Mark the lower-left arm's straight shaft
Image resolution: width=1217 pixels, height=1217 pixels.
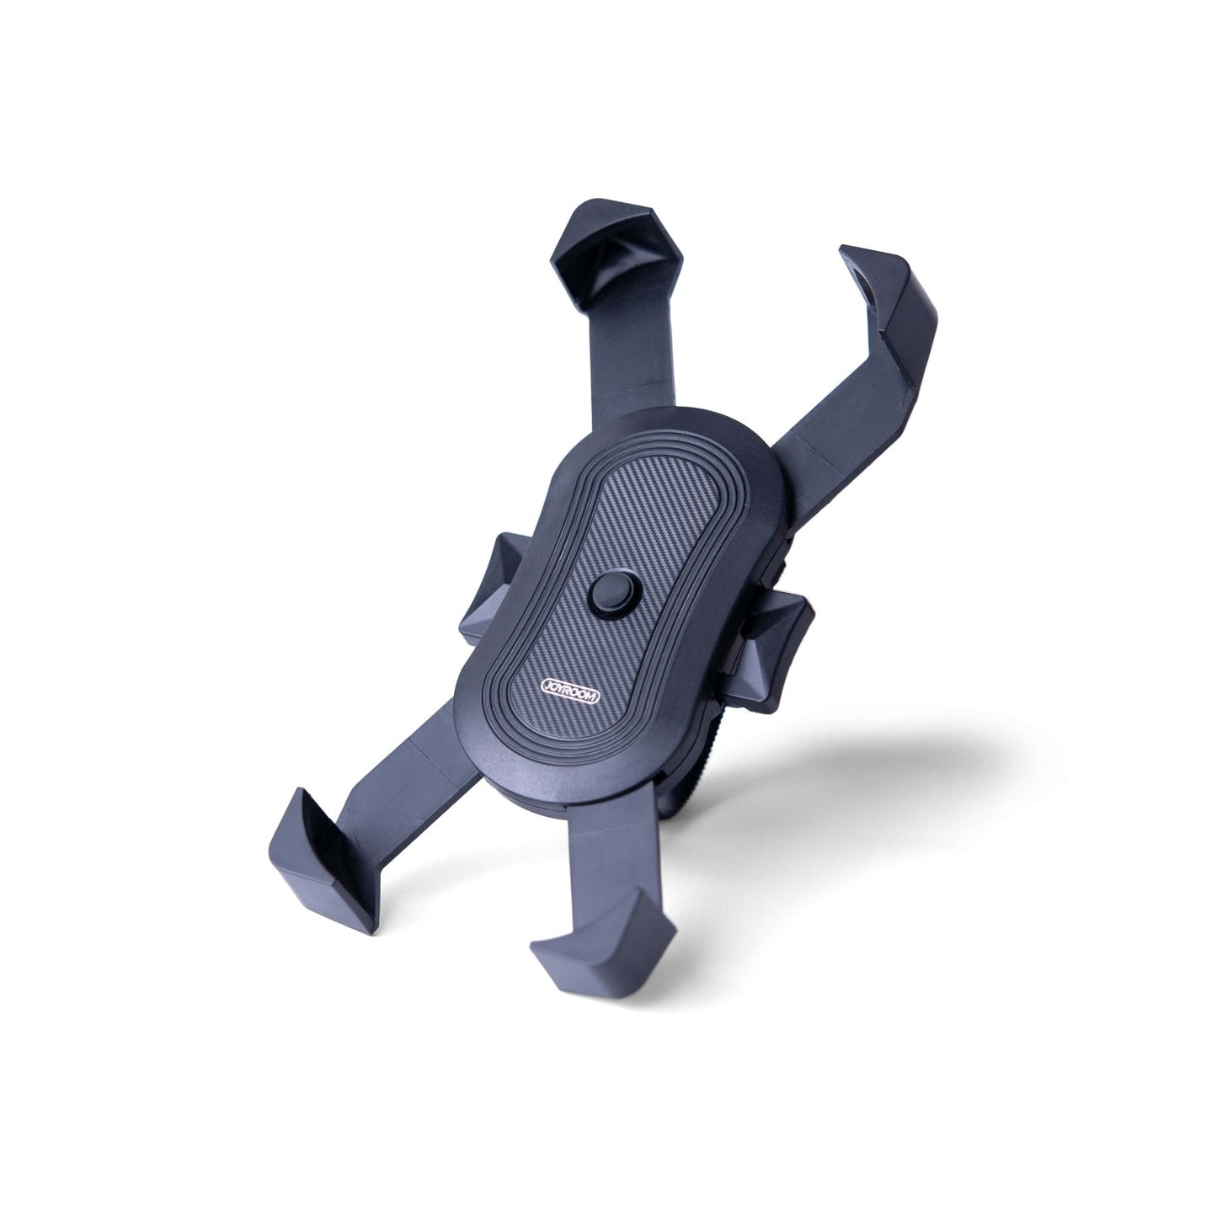pyautogui.click(x=421, y=782)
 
